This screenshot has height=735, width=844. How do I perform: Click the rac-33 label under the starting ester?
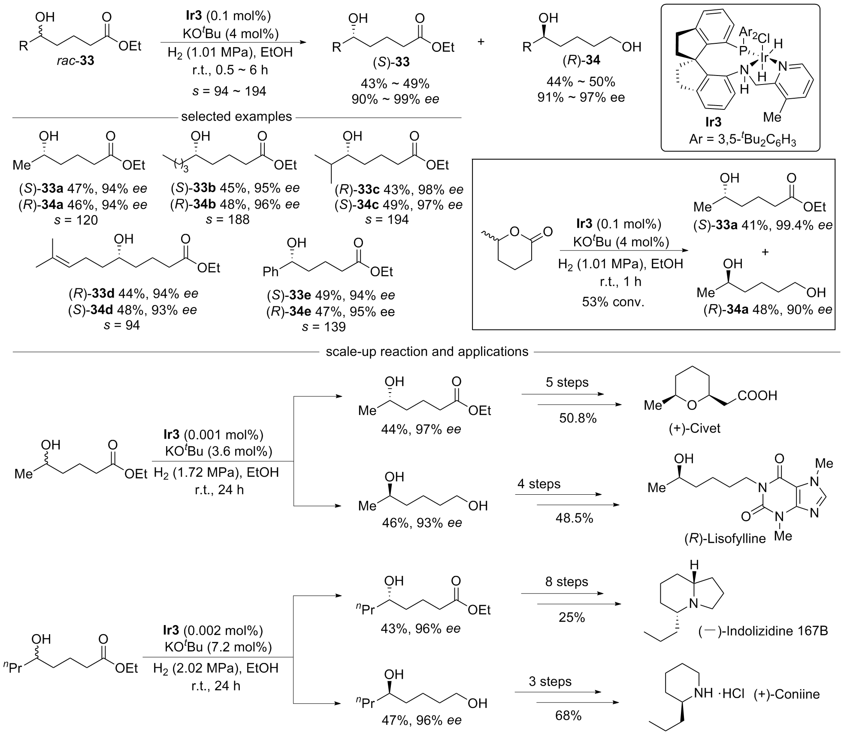tap(76, 61)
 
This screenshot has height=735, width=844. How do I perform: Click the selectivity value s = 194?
tap(387, 220)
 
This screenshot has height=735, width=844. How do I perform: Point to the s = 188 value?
tap(227, 220)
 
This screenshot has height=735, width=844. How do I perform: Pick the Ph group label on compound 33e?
tap(271, 272)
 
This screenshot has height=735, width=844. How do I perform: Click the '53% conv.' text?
tap(613, 302)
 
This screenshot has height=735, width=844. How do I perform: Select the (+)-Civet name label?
tap(694, 428)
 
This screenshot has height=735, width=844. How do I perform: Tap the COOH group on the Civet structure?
tap(757, 396)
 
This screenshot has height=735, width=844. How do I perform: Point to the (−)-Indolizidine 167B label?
tap(763, 631)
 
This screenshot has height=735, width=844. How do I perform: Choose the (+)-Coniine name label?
tap(787, 694)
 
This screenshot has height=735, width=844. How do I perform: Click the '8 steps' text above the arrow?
tap(567, 582)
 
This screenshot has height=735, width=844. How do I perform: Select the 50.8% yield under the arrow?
tap(578, 418)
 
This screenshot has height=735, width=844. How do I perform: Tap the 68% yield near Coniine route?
tap(568, 715)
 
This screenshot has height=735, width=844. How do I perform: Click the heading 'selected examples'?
tap(236, 117)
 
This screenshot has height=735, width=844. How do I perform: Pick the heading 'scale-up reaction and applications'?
tap(427, 352)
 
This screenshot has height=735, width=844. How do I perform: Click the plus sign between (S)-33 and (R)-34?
tap(481, 42)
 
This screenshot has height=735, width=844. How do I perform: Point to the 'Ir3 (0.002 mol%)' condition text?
tap(213, 630)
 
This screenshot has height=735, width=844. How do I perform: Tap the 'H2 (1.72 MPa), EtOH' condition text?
tap(216, 473)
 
